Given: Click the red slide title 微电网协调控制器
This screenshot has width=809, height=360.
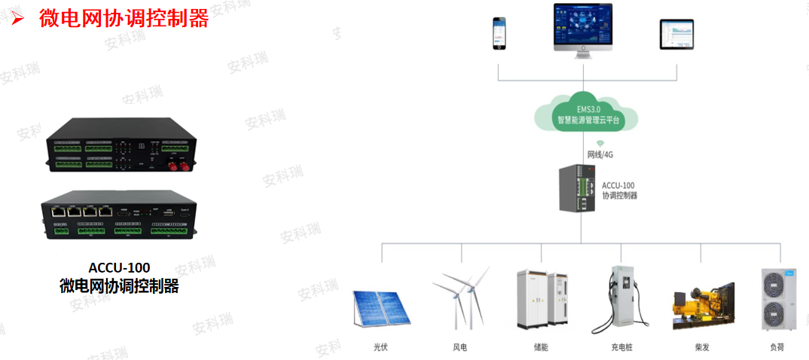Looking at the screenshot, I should coord(124,20).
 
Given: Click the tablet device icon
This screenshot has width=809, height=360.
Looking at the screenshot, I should coord(676,35).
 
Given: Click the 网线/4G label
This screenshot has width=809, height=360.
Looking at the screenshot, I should coord(601,154).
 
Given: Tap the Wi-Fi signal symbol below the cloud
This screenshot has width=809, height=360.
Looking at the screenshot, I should coord(600,142).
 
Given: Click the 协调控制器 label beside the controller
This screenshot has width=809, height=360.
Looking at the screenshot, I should coord(620,195).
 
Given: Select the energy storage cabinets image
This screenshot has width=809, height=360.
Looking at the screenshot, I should coord(540,300).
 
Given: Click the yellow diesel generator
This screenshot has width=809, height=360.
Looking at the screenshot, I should coord(703,305).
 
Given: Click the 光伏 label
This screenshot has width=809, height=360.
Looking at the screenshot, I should coord(380,347).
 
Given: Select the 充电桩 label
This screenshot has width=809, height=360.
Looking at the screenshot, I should coord(621,347).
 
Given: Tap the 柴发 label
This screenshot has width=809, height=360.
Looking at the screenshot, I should coord(702,347).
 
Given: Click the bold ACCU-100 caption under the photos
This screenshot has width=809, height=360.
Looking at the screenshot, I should coord(119,268).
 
